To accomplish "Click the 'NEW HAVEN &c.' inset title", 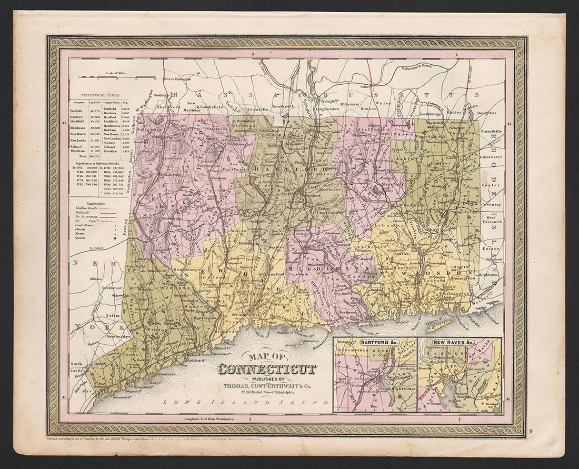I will point(454,343).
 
